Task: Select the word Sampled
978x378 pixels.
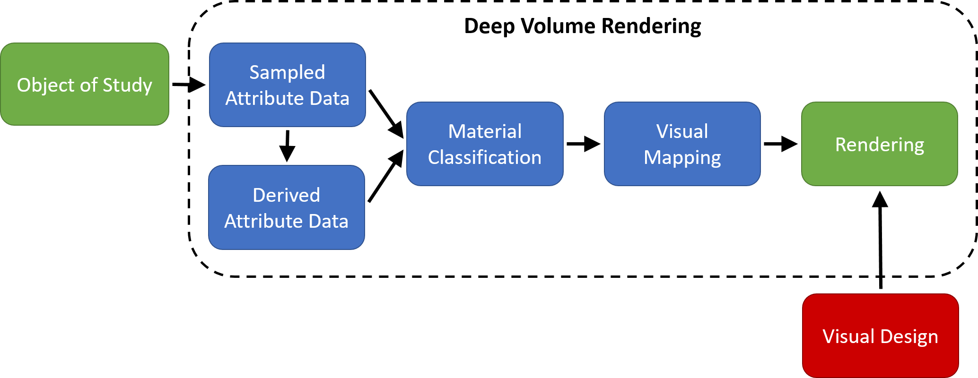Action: click(287, 72)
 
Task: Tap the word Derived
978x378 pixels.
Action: click(286, 195)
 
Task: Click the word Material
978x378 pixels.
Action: click(485, 131)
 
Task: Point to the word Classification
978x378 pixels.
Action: click(485, 157)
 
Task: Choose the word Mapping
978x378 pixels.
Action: click(682, 158)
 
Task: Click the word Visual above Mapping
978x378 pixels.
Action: click(682, 131)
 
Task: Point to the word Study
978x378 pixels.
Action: click(127, 86)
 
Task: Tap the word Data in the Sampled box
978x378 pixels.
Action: click(329, 98)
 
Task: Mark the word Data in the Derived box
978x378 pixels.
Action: click(328, 221)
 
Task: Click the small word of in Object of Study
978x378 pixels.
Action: click(88, 85)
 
